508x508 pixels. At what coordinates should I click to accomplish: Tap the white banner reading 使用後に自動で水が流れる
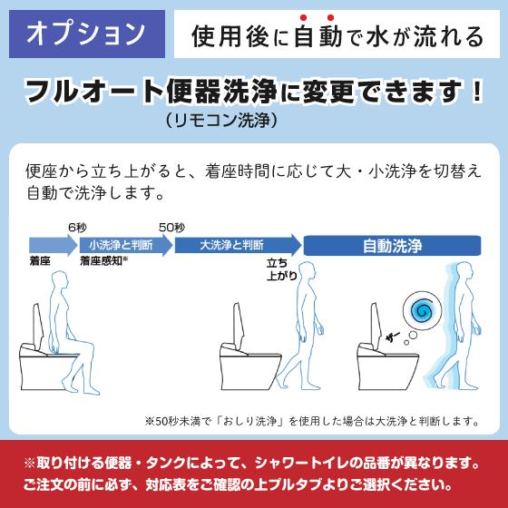[337, 35]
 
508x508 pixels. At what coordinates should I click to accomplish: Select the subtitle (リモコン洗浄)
[220, 119]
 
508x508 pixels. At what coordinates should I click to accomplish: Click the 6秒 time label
[78, 227]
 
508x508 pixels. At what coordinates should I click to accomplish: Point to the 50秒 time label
[171, 227]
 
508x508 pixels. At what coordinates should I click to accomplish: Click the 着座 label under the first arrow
[41, 261]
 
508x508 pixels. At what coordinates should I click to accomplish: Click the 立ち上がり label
[281, 269]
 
